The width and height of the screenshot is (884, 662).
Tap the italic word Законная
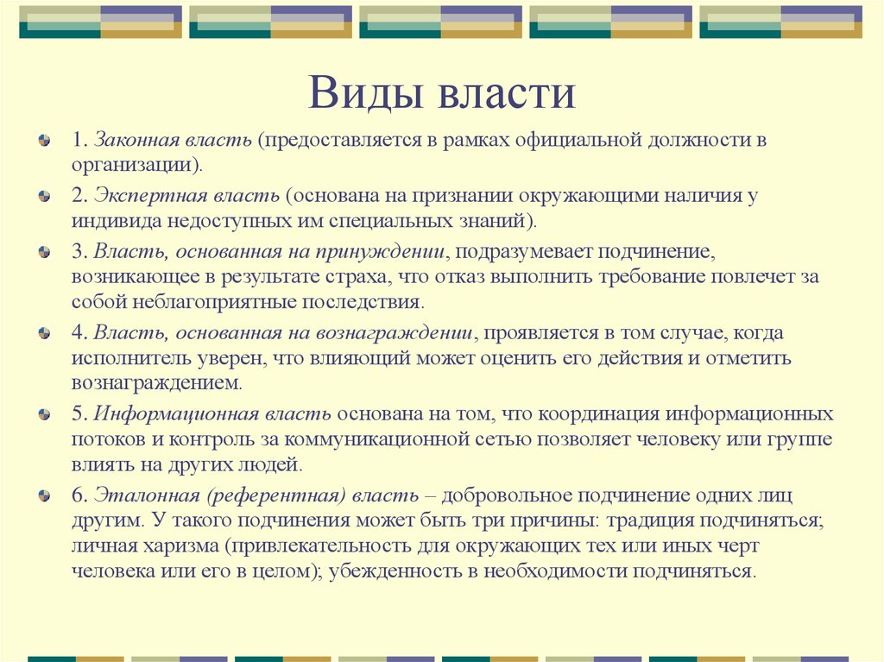132,140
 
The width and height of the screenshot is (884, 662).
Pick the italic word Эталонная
147,495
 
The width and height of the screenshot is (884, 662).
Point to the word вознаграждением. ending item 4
157,384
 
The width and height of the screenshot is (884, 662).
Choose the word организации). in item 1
137,166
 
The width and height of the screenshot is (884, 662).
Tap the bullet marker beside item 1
44,140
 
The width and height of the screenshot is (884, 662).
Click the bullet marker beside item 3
44,251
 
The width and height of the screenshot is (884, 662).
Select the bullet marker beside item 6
44,495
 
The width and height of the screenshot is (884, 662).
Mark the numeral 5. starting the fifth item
79,414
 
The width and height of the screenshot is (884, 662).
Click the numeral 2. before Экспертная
79,196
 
